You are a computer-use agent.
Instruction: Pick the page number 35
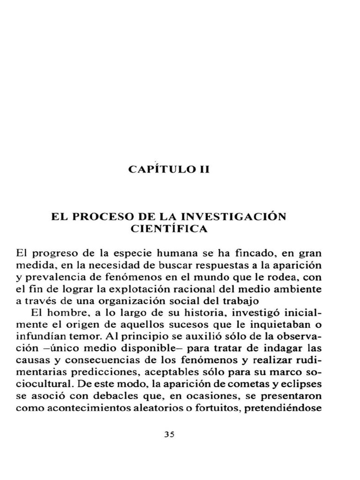pos(169,434)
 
